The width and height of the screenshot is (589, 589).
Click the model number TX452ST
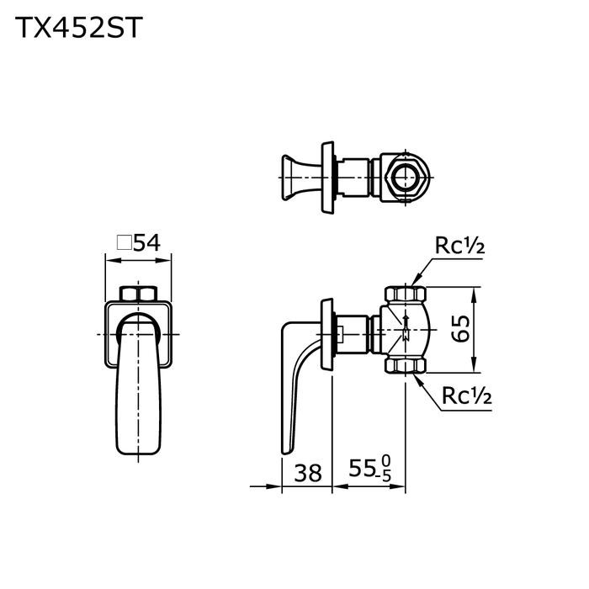click(77, 28)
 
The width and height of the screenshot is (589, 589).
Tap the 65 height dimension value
click(459, 330)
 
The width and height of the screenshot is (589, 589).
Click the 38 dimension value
click(309, 473)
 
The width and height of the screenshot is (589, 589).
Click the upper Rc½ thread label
click(460, 246)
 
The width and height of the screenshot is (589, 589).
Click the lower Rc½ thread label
click(460, 395)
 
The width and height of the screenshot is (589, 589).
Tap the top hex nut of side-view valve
click(406, 295)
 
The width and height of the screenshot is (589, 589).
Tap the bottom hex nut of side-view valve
click(406, 366)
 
